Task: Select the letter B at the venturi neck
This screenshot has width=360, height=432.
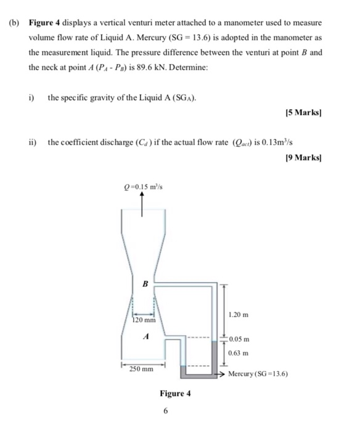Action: pyautogui.click(x=145, y=285)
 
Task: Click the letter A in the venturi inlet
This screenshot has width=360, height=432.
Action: pyautogui.click(x=145, y=337)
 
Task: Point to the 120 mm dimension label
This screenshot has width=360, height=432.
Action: pyautogui.click(x=145, y=321)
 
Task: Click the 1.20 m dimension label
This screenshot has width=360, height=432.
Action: pyautogui.click(x=239, y=315)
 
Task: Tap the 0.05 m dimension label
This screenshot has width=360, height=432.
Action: pyautogui.click(x=238, y=339)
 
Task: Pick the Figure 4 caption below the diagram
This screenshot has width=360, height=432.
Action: pyautogui.click(x=175, y=393)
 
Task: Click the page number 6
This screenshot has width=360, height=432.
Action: pyautogui.click(x=166, y=410)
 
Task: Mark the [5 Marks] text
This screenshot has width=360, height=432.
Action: pyautogui.click(x=305, y=114)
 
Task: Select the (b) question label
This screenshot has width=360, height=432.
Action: pyautogui.click(x=14, y=23)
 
